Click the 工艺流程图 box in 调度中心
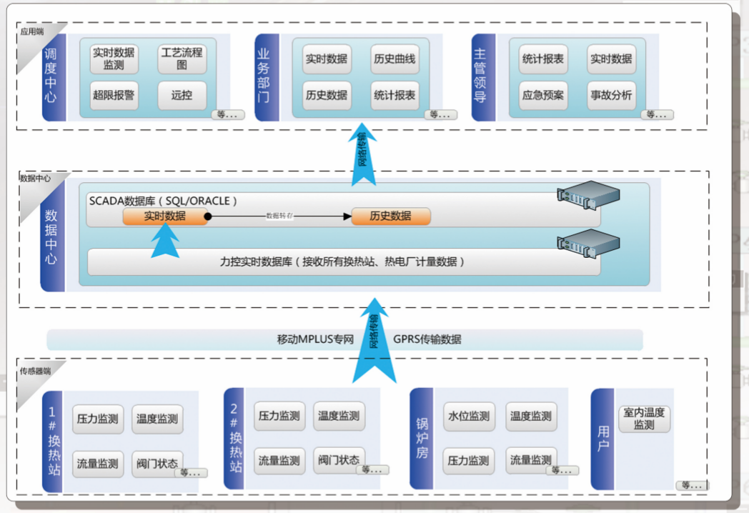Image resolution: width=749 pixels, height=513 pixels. pos(182,59)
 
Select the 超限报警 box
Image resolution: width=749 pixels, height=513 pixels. pos(114,95)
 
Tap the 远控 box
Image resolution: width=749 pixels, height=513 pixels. pos(182,95)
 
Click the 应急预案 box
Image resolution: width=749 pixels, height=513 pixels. pos(543,95)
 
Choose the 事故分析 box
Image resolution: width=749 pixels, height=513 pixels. pos(611,95)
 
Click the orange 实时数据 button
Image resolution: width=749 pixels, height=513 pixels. pos(164,216)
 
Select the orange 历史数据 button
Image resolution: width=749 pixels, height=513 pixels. pos(391,216)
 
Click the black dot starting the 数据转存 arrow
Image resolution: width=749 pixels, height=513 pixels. pos(208,216)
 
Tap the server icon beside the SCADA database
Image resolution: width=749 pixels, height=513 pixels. pos(587,196)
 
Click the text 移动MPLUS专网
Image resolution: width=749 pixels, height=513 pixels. pos(316,339)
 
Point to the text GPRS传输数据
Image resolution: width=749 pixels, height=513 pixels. pos(427,339)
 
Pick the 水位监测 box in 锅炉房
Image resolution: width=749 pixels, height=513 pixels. pos(469,417)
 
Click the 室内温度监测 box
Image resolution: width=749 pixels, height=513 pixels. pos(644,419)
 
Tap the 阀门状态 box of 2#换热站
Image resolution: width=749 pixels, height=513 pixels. pos(339,460)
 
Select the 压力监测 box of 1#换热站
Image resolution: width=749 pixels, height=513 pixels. pos(98,419)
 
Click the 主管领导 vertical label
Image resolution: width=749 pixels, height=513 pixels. pos(480,76)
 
